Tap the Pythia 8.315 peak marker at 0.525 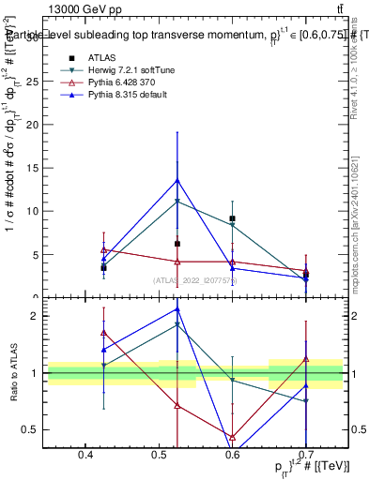click(x=177, y=180)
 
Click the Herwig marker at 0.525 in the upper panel click(x=177, y=201)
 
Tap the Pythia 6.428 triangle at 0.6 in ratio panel click(x=232, y=436)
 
